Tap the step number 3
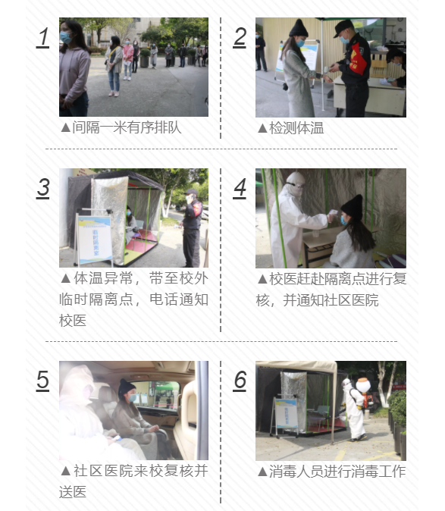pos(43,187)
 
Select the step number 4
pos(240,187)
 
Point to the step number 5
pos(43,379)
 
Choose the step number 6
pos(240,379)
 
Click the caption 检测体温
pos(296,127)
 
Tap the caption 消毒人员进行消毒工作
pos(337,471)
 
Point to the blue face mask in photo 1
pos(66,36)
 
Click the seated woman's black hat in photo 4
pos(352,205)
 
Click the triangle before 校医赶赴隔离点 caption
pos(262,279)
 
